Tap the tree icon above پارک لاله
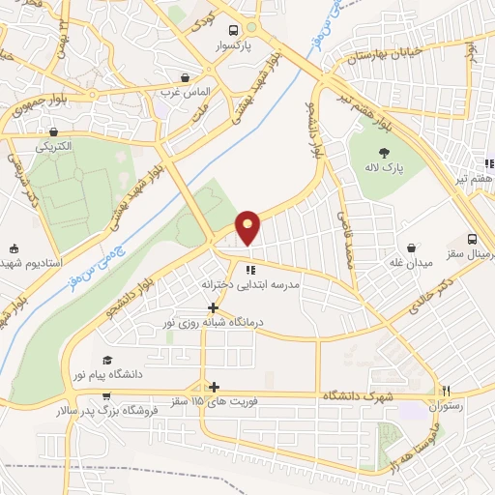click(384, 152)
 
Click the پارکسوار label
click(233, 45)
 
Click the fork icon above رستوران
click(446, 392)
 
